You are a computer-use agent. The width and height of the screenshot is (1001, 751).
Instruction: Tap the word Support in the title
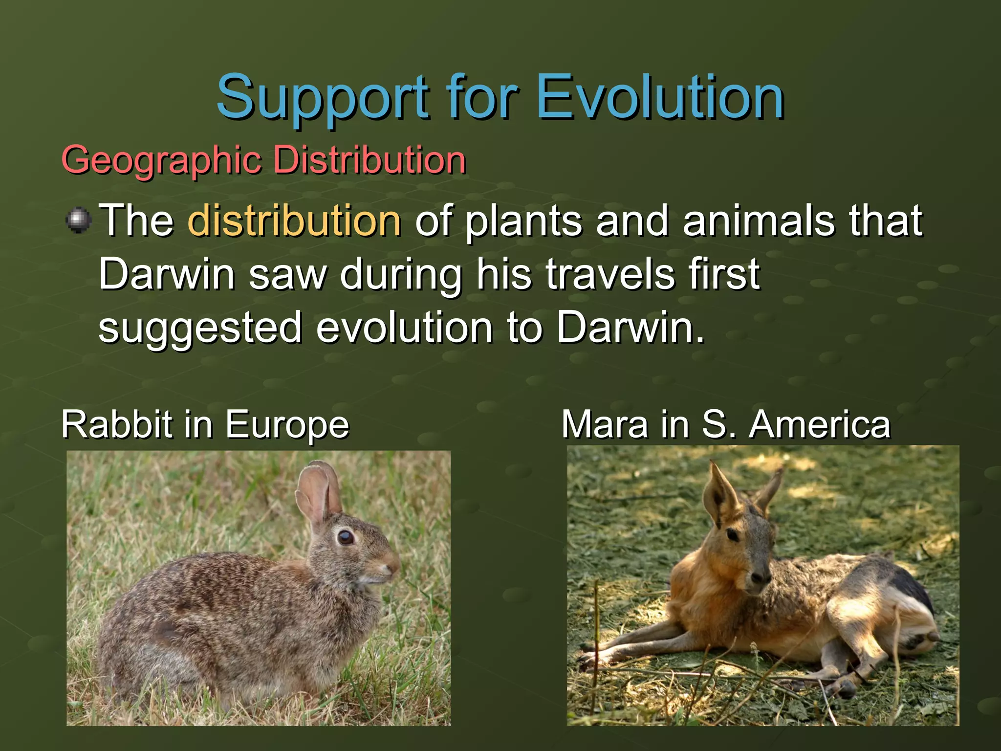pyautogui.click(x=323, y=98)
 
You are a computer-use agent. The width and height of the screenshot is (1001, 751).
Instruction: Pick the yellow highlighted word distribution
pyautogui.click(x=294, y=221)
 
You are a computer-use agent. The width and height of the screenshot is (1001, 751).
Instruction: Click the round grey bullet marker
pyautogui.click(x=79, y=221)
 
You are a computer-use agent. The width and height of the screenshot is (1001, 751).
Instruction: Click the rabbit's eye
pyautogui.click(x=346, y=537)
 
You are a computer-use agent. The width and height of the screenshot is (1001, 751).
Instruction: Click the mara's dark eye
pyautogui.click(x=733, y=535)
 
